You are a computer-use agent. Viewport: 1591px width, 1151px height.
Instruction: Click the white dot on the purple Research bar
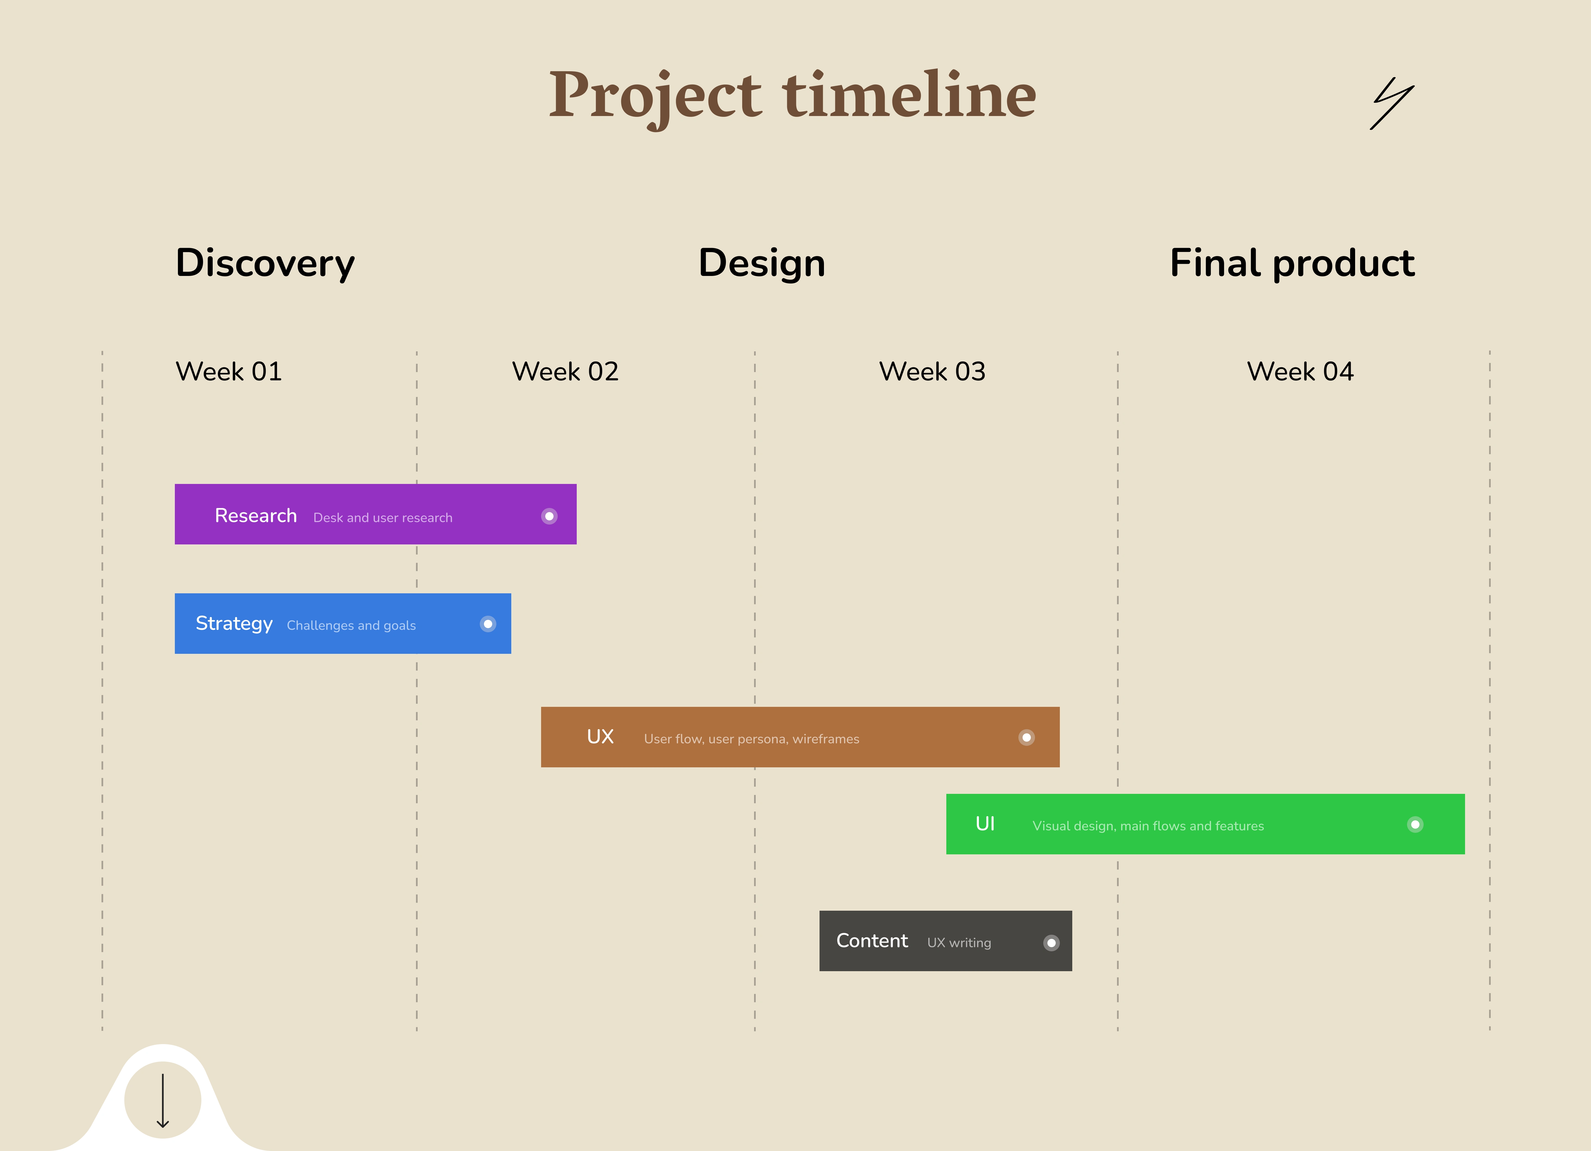tap(549, 516)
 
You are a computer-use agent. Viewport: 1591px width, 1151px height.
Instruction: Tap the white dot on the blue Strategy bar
tap(488, 624)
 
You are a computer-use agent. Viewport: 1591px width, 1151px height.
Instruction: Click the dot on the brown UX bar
tap(1026, 737)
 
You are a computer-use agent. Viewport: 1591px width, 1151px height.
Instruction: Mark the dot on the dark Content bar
tap(1051, 943)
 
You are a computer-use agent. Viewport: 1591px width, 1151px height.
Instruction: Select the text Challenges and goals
tap(351, 626)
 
